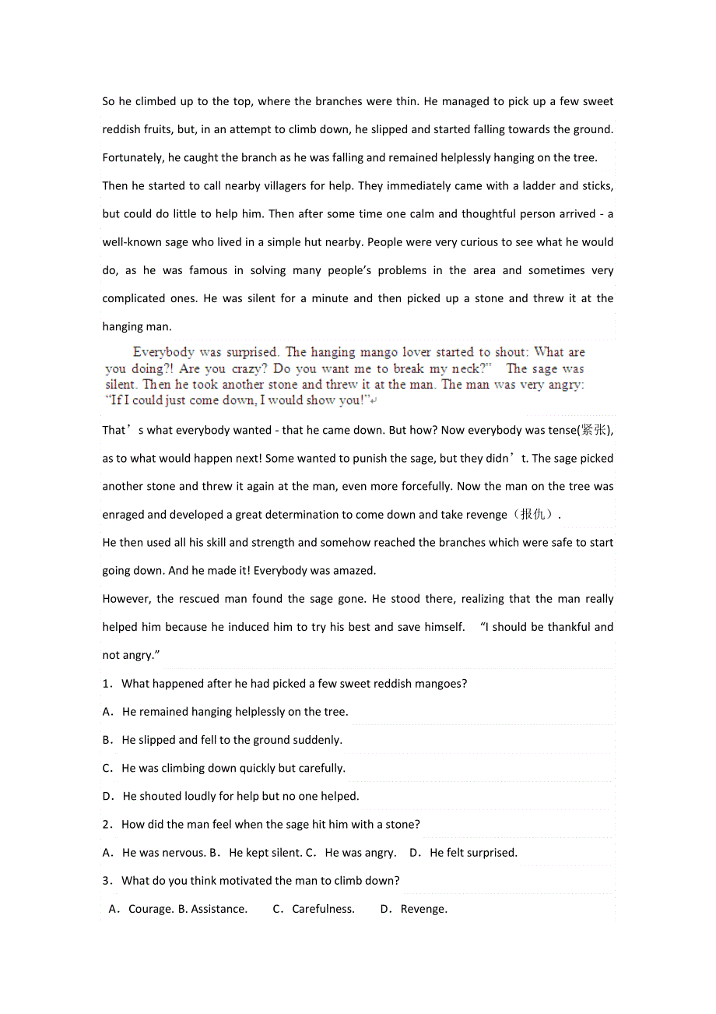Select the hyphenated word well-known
click(132, 242)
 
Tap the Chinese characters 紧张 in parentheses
click(595, 431)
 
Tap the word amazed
click(355, 571)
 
